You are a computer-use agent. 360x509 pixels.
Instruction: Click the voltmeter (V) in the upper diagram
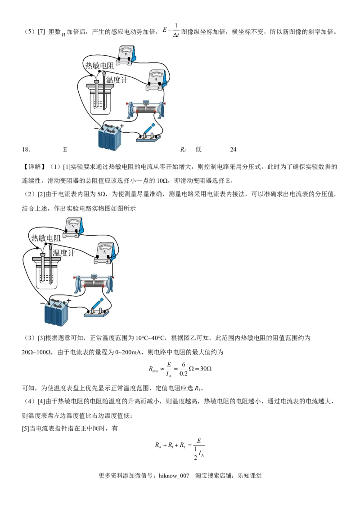point(126,54)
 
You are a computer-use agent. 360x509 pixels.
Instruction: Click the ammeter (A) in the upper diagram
point(157,78)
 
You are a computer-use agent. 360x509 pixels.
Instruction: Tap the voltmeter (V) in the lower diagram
point(73,226)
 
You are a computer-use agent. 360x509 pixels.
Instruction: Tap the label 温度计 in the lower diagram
point(63,253)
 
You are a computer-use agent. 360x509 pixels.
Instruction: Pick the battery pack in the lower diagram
point(57,312)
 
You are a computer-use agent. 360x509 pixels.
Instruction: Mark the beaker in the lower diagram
point(46,274)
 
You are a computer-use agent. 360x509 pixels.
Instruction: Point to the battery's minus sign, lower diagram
point(42,304)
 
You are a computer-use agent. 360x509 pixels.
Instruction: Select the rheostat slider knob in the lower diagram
point(94,276)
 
